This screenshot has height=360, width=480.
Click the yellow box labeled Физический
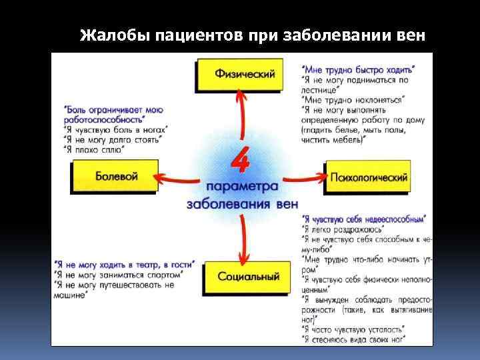click(x=244, y=75)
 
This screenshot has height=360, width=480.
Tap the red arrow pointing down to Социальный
click(x=244, y=243)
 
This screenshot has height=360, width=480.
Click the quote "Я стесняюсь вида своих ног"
click(x=354, y=339)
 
